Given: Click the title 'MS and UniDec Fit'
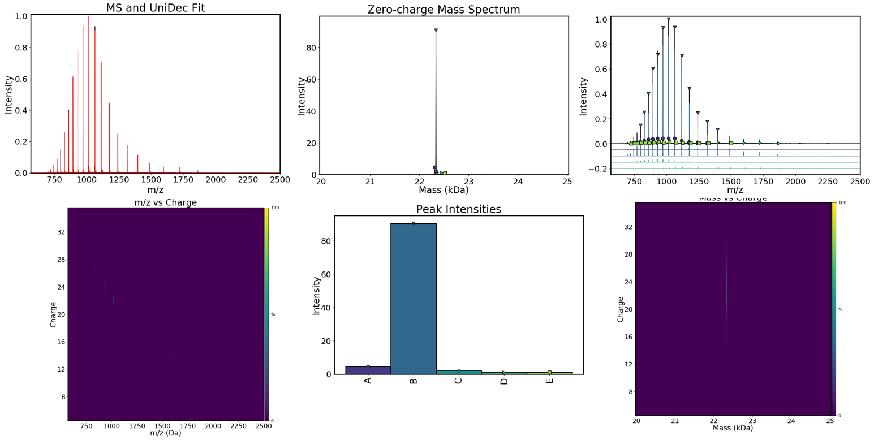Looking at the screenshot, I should [x=155, y=8].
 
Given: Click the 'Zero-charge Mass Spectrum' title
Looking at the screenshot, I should [x=444, y=10].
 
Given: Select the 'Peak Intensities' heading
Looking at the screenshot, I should [x=459, y=209].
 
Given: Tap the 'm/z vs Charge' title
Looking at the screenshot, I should [x=165, y=202].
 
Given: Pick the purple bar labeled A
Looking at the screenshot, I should [x=368, y=370].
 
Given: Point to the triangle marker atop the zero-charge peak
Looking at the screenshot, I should [x=436, y=31].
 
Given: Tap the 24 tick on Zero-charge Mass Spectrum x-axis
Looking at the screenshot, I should [x=518, y=182].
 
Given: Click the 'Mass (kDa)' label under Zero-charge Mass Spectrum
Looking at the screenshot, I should [x=444, y=191].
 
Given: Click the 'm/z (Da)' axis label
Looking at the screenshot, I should [x=165, y=433].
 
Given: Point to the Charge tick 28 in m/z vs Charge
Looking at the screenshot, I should [x=60, y=260].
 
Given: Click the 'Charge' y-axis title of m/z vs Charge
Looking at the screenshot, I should [x=53, y=314].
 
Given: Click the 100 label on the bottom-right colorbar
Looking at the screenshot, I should [x=842, y=203].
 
